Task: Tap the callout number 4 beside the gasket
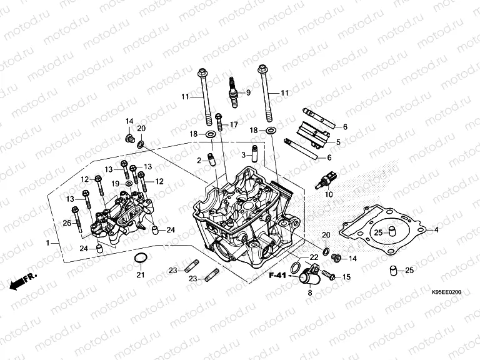(x=436, y=230)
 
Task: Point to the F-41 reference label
(x=278, y=276)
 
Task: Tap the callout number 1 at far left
(x=48, y=242)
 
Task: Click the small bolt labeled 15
(x=331, y=276)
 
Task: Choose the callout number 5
(x=338, y=142)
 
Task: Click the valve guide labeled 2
(x=212, y=159)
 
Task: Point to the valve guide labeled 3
(x=254, y=152)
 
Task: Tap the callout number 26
(x=67, y=223)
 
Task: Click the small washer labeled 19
(x=129, y=184)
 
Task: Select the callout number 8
(x=309, y=292)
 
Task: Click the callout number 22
(x=313, y=257)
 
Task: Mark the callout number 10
(x=325, y=194)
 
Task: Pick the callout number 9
(x=248, y=93)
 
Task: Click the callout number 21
(x=141, y=275)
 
